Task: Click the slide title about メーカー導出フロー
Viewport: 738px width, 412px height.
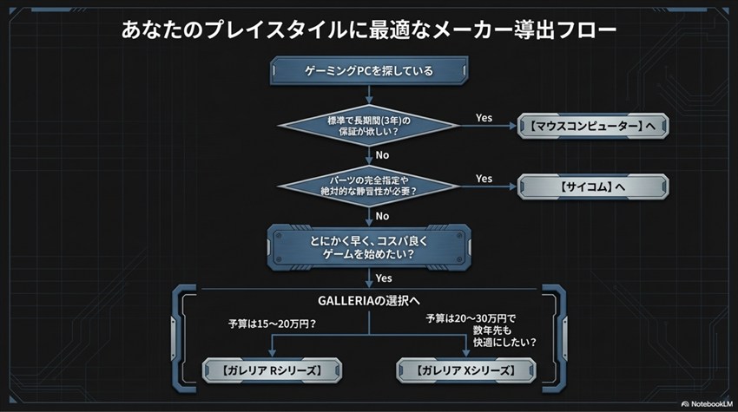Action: pyautogui.click(x=369, y=31)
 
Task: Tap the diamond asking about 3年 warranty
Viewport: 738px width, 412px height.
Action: pyautogui.click(x=370, y=125)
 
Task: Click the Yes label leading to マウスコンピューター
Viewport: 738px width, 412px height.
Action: pyautogui.click(x=484, y=116)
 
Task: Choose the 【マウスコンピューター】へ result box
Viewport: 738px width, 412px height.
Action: pyautogui.click(x=593, y=126)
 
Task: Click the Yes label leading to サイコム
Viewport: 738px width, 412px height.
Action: pyautogui.click(x=484, y=178)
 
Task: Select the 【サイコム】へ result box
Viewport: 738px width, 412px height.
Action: pyautogui.click(x=593, y=186)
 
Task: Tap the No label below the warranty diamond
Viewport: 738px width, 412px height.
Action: pyautogui.click(x=382, y=155)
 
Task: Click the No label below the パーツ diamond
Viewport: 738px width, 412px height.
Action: pyautogui.click(x=382, y=216)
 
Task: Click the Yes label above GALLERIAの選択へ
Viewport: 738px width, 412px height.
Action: pyautogui.click(x=384, y=278)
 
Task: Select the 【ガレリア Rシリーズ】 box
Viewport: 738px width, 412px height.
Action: pyautogui.click(x=272, y=371)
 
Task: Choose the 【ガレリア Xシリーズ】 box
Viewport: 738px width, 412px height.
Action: pyautogui.click(x=466, y=371)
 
